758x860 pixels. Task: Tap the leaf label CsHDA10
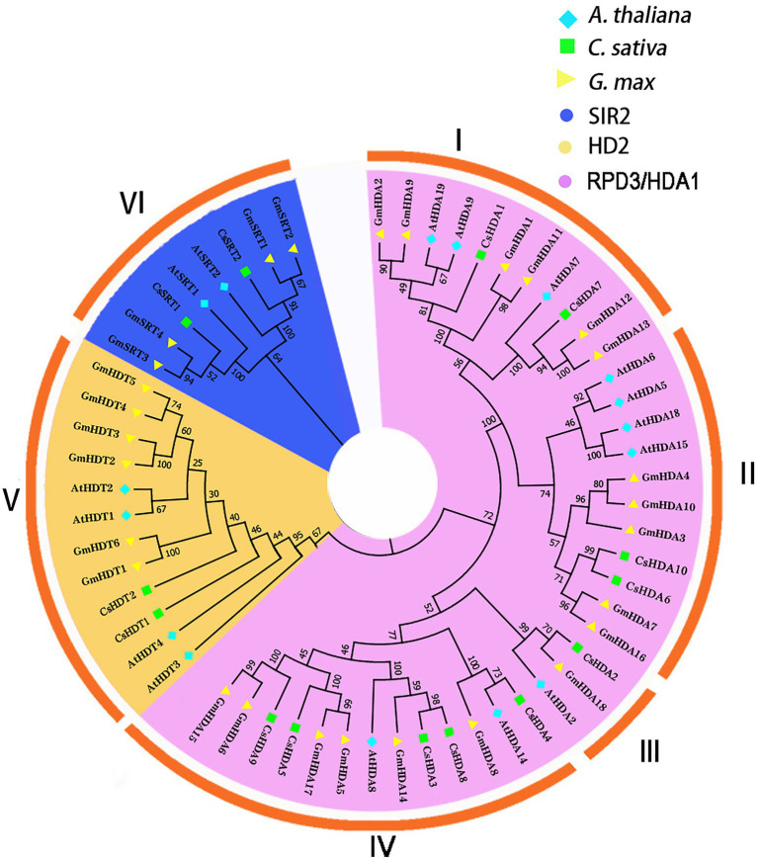pyautogui.click(x=659, y=563)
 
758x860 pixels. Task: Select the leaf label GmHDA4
pyautogui.click(x=665, y=478)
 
